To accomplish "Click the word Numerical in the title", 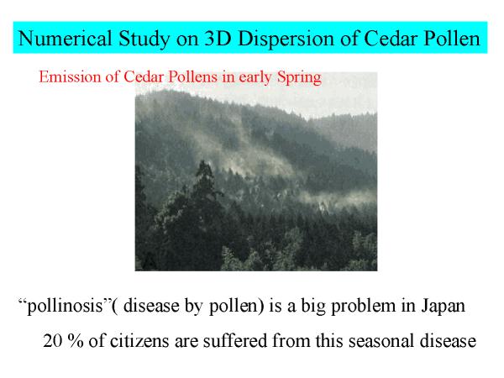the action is pos(66,39).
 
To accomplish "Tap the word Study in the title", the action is pos(144,39).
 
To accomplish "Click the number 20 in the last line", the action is pos(53,341).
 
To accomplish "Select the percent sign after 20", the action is pos(76,341).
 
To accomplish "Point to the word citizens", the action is pos(139,341).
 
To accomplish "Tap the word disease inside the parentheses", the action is pos(151,306).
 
